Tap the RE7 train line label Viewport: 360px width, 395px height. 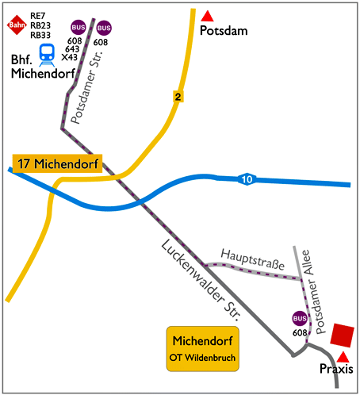click(x=39, y=15)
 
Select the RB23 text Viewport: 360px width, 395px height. click(x=40, y=25)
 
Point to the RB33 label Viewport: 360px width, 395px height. click(x=40, y=36)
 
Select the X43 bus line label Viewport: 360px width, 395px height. click(x=69, y=57)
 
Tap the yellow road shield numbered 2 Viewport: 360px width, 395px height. click(x=179, y=96)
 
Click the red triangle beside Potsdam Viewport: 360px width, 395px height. click(x=208, y=15)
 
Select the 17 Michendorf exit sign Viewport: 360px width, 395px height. click(x=59, y=164)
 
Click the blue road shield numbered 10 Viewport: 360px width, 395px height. click(x=248, y=179)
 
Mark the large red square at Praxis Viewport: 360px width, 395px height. click(x=342, y=335)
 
